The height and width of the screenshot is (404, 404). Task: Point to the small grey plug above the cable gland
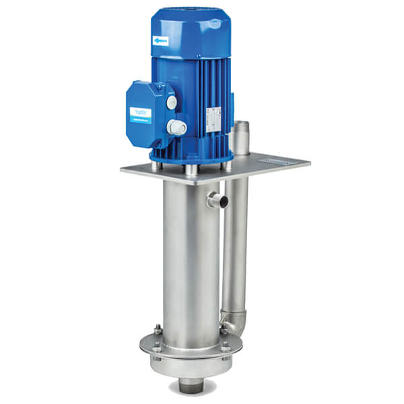[x=172, y=103]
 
